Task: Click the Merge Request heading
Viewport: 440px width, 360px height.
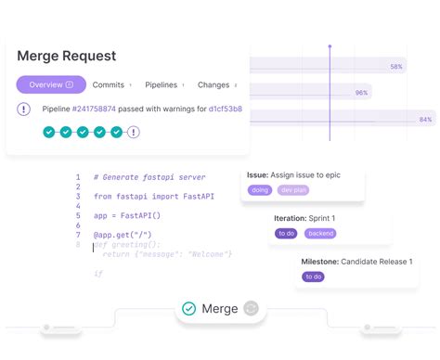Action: click(68, 57)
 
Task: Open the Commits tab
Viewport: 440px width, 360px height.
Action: click(109, 84)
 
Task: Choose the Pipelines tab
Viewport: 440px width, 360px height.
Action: click(162, 84)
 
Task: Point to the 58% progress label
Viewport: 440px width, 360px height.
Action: click(396, 67)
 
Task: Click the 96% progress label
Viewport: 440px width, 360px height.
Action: click(361, 93)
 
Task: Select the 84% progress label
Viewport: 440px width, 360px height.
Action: click(425, 120)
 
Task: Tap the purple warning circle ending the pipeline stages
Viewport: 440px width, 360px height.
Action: click(134, 132)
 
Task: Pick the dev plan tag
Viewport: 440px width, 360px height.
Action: click(293, 190)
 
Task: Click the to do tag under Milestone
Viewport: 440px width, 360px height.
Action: click(313, 276)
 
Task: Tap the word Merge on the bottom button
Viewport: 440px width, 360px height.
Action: click(220, 308)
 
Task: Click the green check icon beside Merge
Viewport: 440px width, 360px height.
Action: click(188, 308)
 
